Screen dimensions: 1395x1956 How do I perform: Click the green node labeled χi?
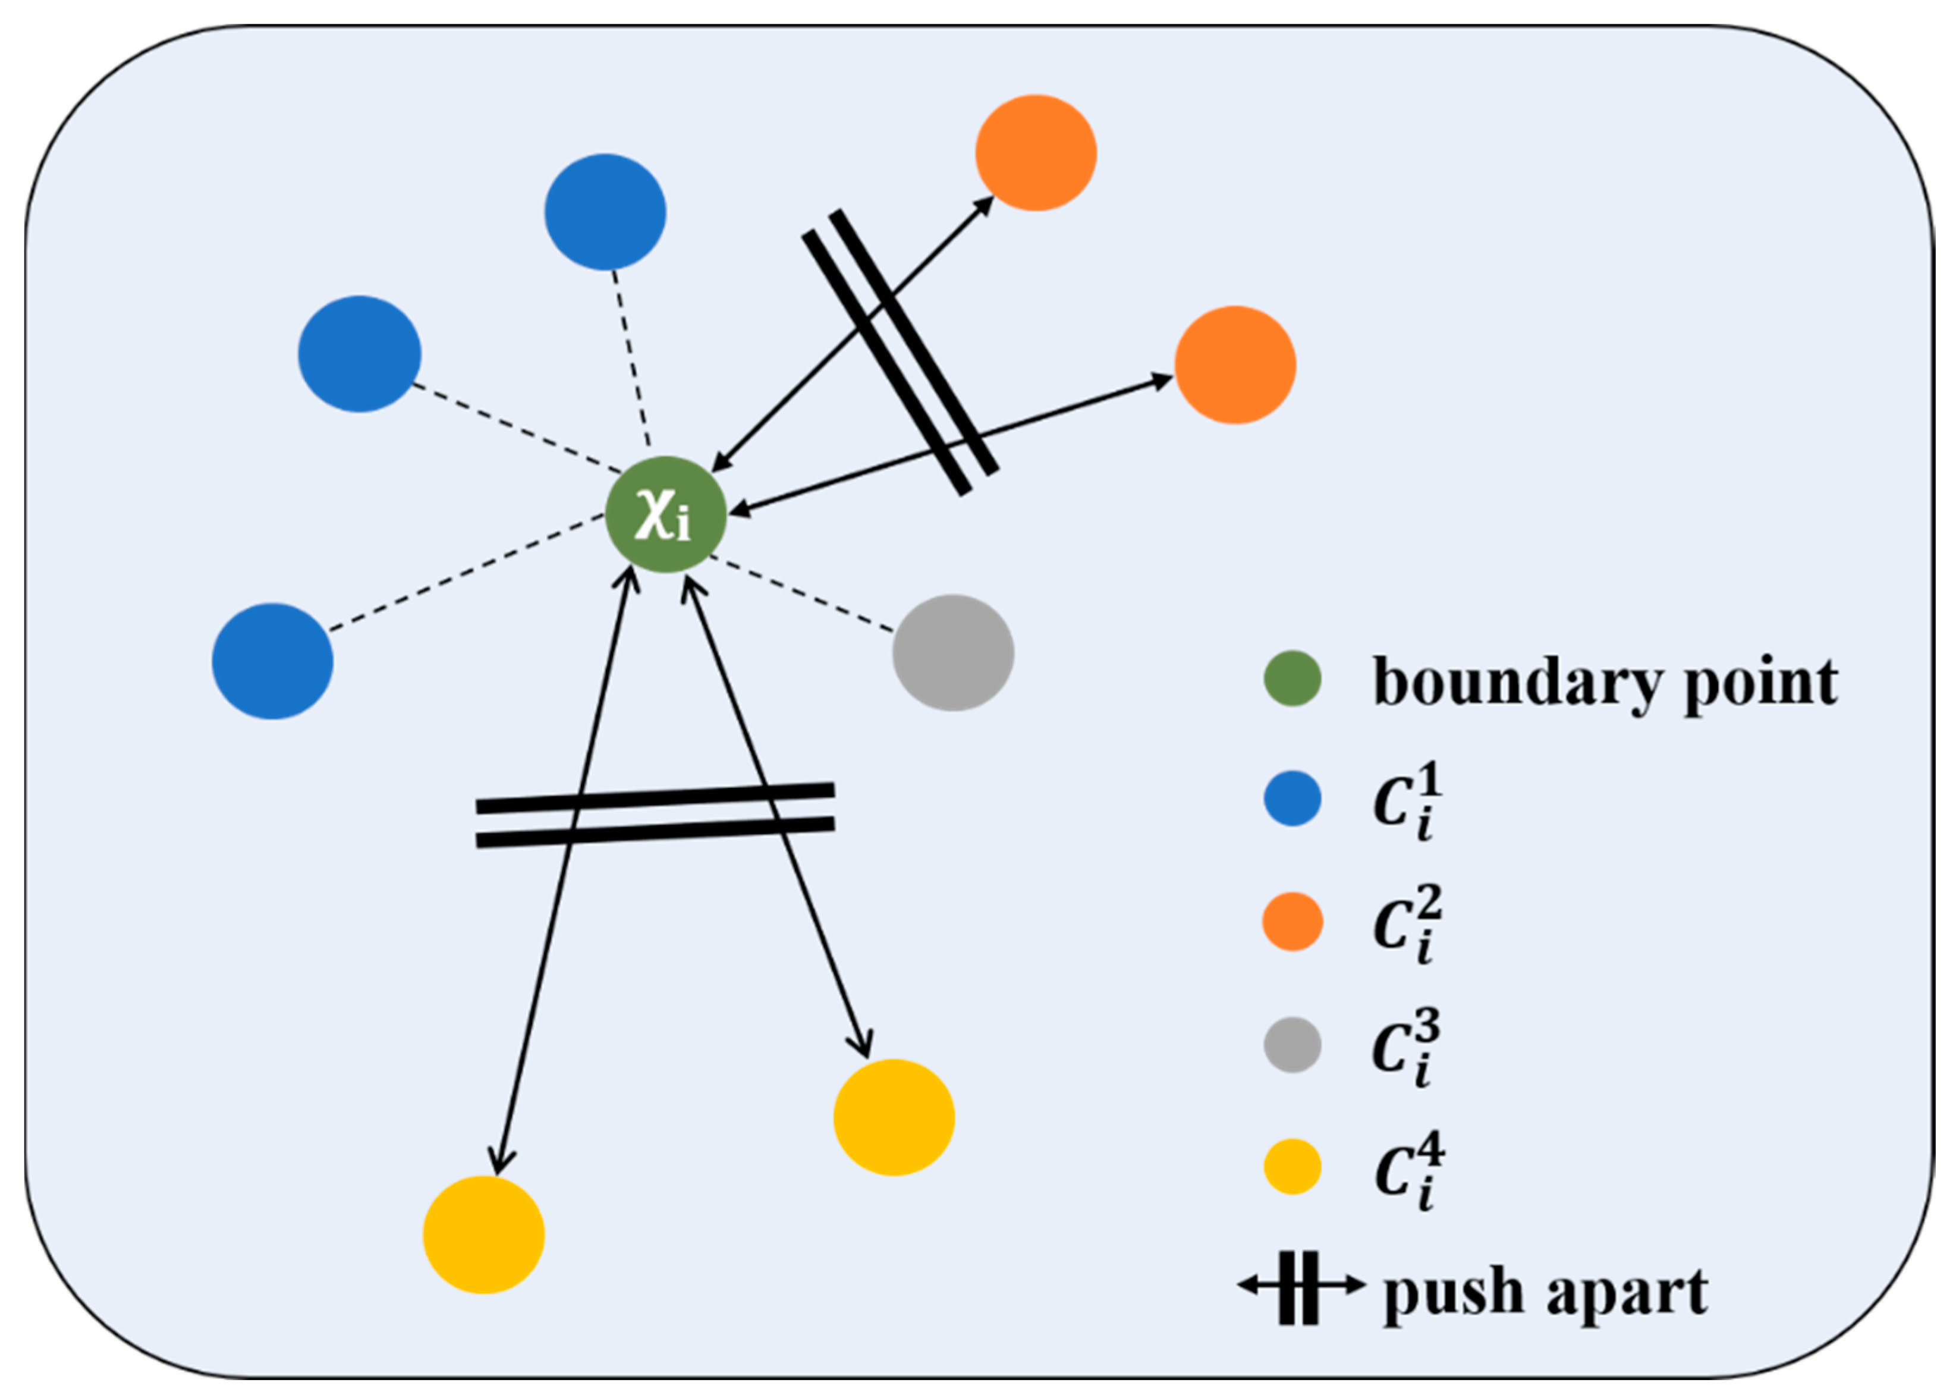coord(665,514)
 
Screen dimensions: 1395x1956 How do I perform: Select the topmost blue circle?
coord(605,212)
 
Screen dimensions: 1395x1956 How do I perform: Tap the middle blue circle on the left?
coord(359,354)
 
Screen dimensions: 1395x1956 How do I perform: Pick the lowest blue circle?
coord(272,661)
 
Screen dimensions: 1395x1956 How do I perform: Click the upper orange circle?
coord(1036,153)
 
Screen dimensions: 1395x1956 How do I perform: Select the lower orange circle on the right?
coord(1235,365)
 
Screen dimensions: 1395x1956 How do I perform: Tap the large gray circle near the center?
coord(953,653)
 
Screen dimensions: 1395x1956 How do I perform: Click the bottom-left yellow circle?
coord(483,1234)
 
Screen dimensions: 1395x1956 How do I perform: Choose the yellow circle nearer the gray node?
coord(894,1117)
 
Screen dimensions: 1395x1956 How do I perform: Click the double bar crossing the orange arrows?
coord(900,352)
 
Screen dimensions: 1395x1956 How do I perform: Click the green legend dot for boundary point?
coord(1293,678)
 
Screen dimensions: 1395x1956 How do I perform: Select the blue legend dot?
coord(1293,799)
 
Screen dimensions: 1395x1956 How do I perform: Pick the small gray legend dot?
coord(1293,1045)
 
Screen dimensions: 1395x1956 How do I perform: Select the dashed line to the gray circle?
coord(803,595)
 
